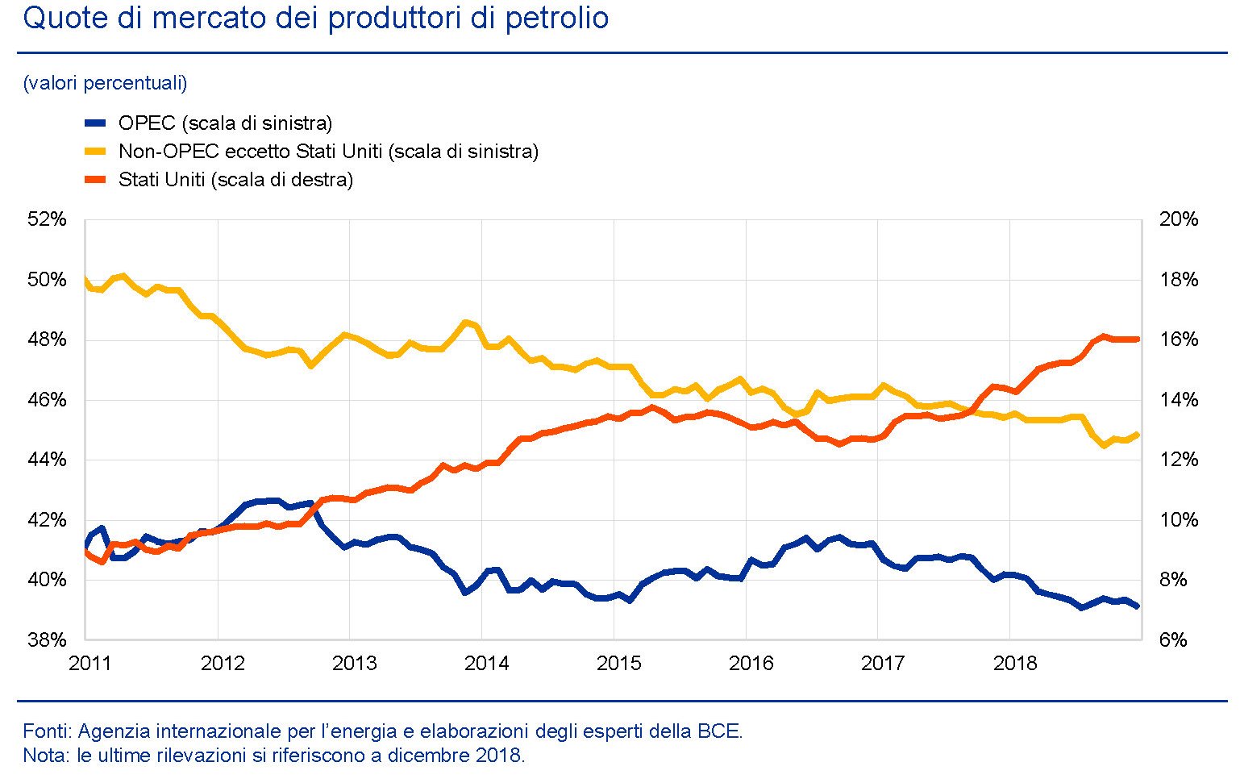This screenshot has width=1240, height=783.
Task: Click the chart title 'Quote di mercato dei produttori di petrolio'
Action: pos(315,18)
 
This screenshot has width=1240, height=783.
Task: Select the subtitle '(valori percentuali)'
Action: pos(105,83)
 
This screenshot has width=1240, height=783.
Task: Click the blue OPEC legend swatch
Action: pos(95,123)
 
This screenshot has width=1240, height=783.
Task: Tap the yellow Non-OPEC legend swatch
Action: pos(95,152)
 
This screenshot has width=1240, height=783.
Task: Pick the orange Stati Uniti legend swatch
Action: pos(95,180)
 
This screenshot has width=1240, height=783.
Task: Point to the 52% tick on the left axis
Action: pos(48,219)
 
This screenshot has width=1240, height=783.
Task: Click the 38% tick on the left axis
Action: pos(48,640)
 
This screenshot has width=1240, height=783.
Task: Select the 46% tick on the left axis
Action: pos(48,400)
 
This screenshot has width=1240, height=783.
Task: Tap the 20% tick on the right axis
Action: pos(1179,219)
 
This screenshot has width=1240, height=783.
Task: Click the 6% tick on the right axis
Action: pos(1173,640)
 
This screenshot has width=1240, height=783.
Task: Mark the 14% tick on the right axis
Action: pos(1179,400)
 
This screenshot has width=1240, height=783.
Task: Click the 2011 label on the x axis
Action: pos(90,664)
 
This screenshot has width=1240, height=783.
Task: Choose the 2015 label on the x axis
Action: pos(618,664)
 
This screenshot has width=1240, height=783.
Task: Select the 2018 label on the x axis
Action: pos(1015,664)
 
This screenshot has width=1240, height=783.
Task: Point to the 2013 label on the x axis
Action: pos(355,664)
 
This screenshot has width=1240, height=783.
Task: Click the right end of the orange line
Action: pos(1138,339)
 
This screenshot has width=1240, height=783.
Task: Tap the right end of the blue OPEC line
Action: pos(1138,606)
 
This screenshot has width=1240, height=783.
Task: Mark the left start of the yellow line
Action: pos(85,280)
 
